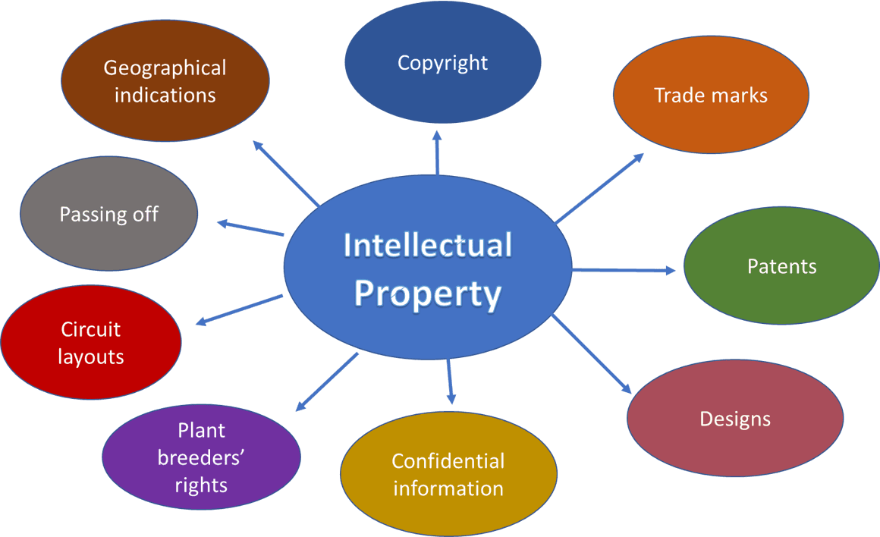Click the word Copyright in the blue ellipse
tap(442, 62)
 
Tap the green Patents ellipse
tap(781, 266)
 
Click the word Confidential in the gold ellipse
tap(448, 461)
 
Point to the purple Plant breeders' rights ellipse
tap(201, 457)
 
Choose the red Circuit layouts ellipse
tap(91, 342)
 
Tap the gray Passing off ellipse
tap(108, 214)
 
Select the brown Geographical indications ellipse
tap(165, 81)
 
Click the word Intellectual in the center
tap(428, 246)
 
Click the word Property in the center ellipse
tap(428, 293)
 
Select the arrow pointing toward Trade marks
tap(599, 188)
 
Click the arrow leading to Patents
tap(622, 270)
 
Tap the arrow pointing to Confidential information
tap(451, 379)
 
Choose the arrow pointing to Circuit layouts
tap(240, 309)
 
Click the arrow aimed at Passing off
tap(251, 228)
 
